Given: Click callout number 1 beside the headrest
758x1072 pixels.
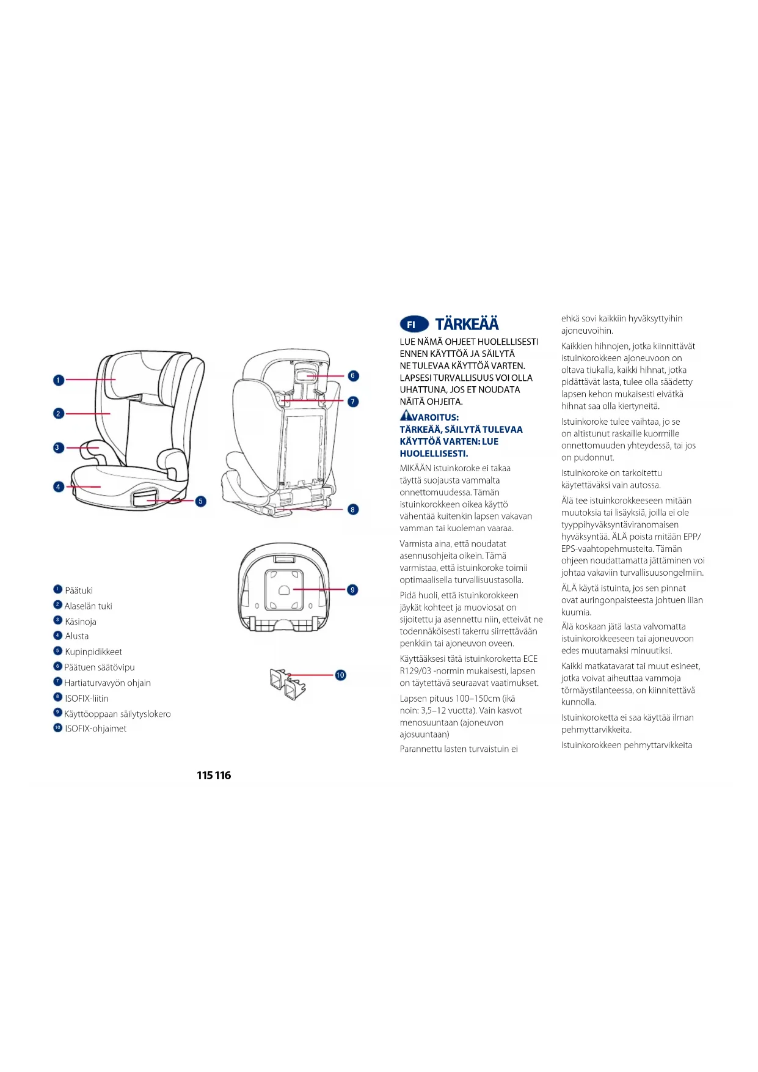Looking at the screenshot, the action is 59,380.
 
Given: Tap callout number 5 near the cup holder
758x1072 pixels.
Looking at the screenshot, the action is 200,501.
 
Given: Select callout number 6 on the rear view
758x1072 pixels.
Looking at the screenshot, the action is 353,376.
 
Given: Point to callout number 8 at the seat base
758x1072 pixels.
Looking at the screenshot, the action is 353,509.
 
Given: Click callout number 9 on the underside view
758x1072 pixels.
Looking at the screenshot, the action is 352,590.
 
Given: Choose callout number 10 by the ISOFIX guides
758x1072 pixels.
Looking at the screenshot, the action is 340,675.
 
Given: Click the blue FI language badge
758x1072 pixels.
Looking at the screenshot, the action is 414,325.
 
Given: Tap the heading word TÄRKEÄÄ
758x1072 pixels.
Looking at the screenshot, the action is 467,324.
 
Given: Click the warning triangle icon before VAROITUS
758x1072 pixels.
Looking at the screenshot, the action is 406,416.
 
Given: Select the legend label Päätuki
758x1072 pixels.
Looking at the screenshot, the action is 79,590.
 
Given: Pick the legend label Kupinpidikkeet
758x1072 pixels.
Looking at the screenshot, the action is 93,652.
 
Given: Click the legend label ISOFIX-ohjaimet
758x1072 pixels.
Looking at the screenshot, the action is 96,729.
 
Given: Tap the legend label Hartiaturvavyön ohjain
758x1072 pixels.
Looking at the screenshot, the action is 108,683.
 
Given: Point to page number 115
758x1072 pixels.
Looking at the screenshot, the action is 205,776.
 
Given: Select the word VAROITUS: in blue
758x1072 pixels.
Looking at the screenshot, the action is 435,417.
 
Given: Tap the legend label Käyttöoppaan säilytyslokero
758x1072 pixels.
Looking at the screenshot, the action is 117,714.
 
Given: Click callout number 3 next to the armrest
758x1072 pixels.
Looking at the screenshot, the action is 58,447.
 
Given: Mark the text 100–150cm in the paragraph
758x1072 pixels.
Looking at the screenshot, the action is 477,699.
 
